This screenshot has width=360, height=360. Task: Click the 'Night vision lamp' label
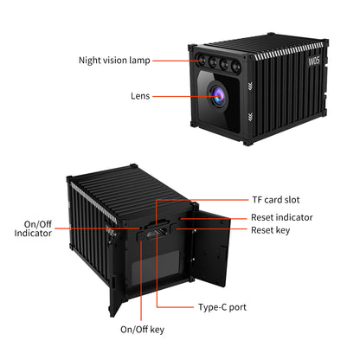point(114,61)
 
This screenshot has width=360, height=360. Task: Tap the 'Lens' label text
point(140,96)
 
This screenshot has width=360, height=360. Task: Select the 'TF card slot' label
point(276,200)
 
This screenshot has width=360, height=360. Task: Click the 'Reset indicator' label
point(282,217)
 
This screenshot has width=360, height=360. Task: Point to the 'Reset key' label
point(271,230)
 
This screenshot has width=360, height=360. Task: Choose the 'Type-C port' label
point(222,307)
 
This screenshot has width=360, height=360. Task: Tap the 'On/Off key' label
point(142,330)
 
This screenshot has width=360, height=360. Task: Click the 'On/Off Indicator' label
point(33,228)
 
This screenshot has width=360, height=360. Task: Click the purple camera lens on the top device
point(218,95)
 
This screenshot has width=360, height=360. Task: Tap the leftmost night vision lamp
point(202,61)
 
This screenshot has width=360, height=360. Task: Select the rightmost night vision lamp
point(236,66)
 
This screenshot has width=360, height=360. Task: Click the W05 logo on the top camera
point(314,61)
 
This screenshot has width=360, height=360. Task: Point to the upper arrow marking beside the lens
point(250,86)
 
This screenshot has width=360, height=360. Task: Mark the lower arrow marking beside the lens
point(250,117)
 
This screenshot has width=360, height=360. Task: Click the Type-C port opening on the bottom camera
point(157,232)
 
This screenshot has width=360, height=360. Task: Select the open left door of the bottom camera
point(117,292)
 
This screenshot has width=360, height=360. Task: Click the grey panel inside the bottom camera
point(156,266)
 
